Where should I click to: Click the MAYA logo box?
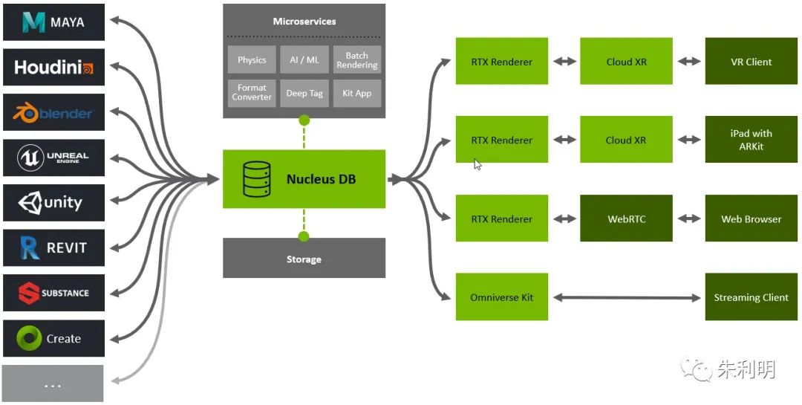click(x=53, y=22)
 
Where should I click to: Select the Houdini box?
click(x=53, y=67)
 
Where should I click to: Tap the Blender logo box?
click(x=53, y=112)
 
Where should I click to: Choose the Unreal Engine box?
click(x=53, y=158)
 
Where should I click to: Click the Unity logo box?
click(x=53, y=203)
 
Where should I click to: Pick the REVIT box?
click(x=53, y=247)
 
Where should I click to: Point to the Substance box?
click(x=53, y=293)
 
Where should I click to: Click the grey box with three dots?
click(x=53, y=383)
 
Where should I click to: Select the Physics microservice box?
click(x=252, y=60)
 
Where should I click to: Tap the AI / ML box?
click(x=304, y=60)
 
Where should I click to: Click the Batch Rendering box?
click(x=357, y=60)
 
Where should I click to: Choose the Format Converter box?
click(x=252, y=93)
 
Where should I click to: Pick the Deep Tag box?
click(x=304, y=93)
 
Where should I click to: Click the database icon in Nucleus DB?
click(x=257, y=179)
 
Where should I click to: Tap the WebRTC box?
click(x=626, y=218)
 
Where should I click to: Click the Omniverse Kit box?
click(x=502, y=297)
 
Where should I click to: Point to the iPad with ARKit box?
click(x=751, y=139)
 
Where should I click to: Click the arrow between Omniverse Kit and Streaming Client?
click(x=627, y=297)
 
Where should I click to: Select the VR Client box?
click(x=751, y=61)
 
